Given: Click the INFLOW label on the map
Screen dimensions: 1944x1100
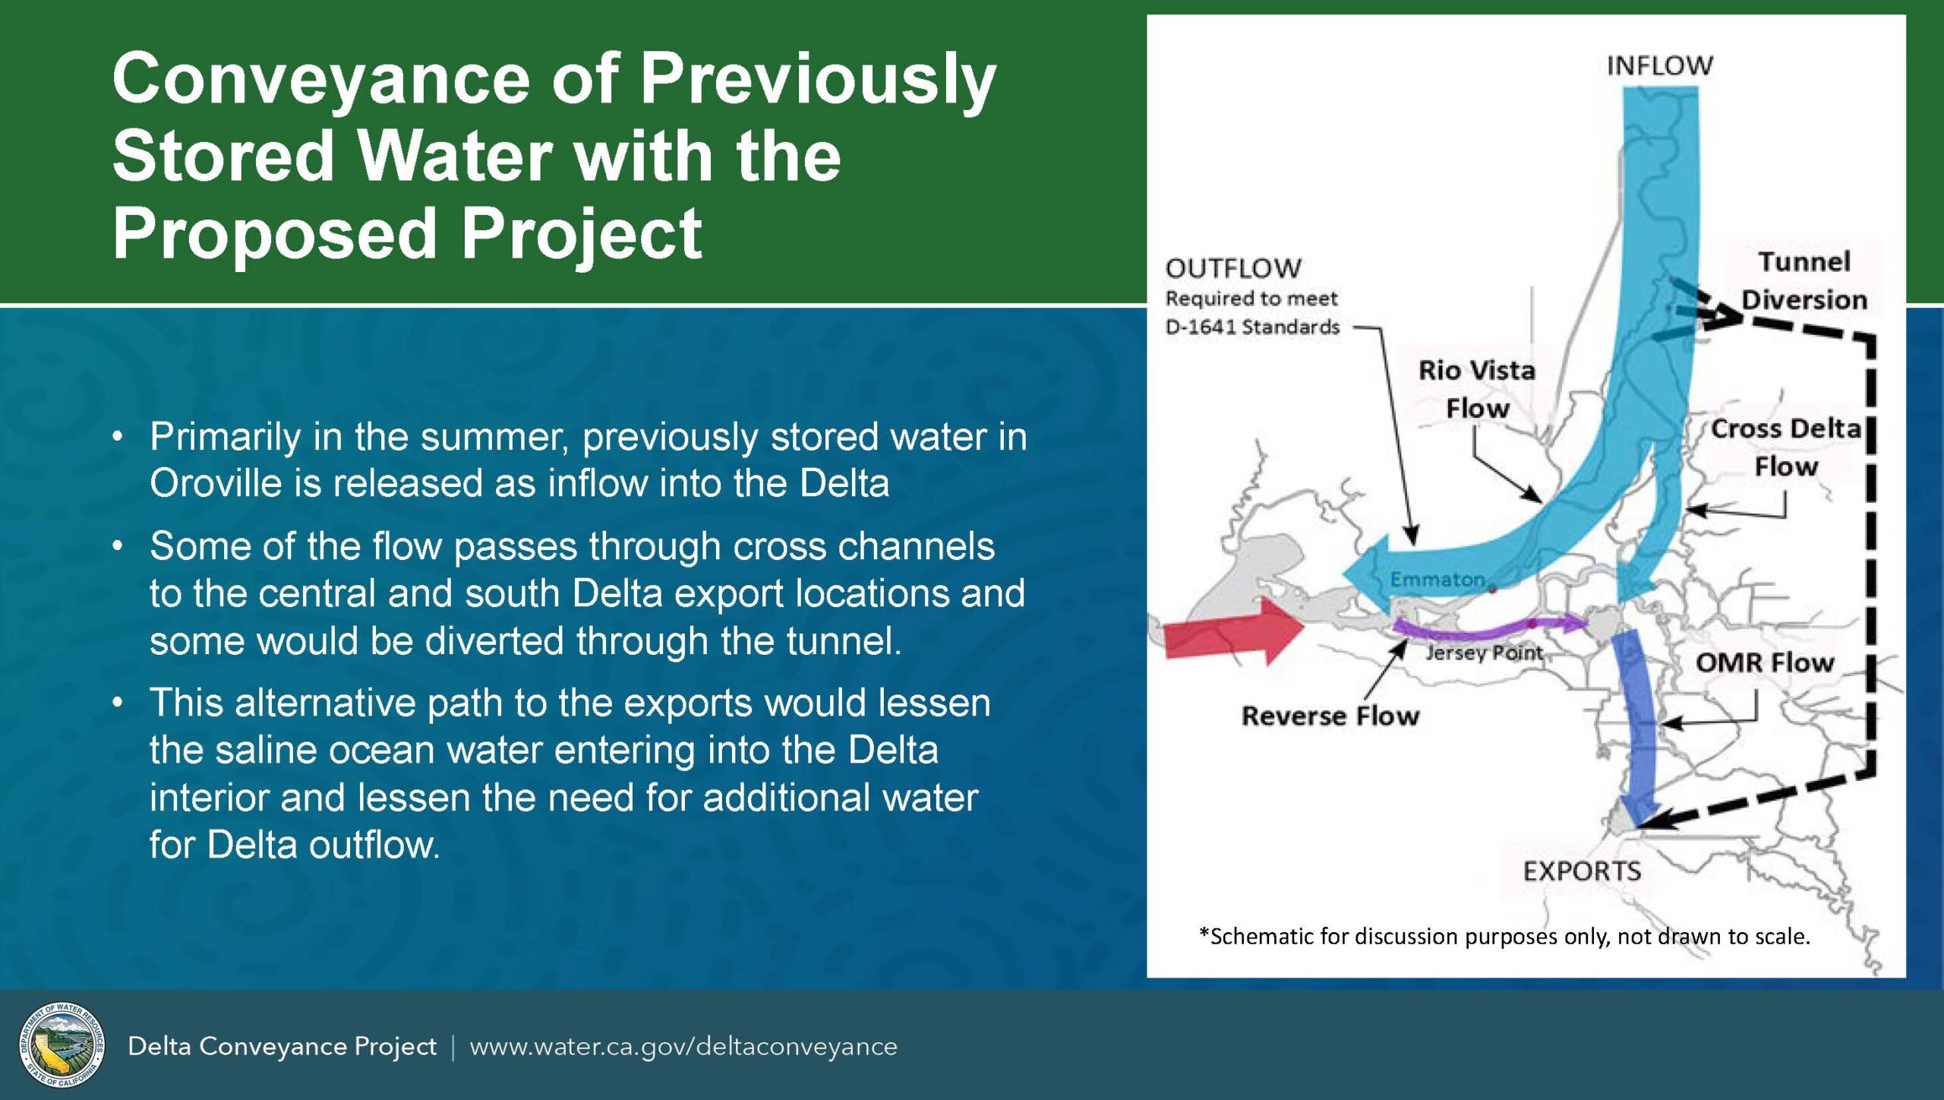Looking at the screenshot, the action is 1659,66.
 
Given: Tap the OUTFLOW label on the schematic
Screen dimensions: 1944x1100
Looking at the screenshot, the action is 1233,268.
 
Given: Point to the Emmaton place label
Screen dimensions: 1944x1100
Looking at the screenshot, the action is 1437,580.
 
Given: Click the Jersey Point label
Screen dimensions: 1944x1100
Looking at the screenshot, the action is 1485,653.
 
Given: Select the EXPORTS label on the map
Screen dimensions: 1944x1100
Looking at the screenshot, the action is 1582,871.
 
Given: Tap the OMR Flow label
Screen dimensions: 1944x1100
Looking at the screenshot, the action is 1765,662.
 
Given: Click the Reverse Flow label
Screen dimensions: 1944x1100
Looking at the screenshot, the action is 1330,716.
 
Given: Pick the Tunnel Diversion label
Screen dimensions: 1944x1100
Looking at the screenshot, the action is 1804,280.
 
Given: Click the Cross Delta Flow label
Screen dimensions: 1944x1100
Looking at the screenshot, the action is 1786,447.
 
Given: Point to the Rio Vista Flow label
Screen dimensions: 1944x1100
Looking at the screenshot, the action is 1477,389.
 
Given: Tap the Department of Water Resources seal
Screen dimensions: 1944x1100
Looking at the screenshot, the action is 62,1045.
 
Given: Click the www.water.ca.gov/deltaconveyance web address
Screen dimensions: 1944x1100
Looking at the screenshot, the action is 683,1047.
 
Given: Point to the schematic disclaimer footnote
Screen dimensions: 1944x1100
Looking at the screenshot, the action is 1504,937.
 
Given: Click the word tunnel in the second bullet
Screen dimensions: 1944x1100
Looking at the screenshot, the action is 844,640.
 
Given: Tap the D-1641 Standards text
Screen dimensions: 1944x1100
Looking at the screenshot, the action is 1252,327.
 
